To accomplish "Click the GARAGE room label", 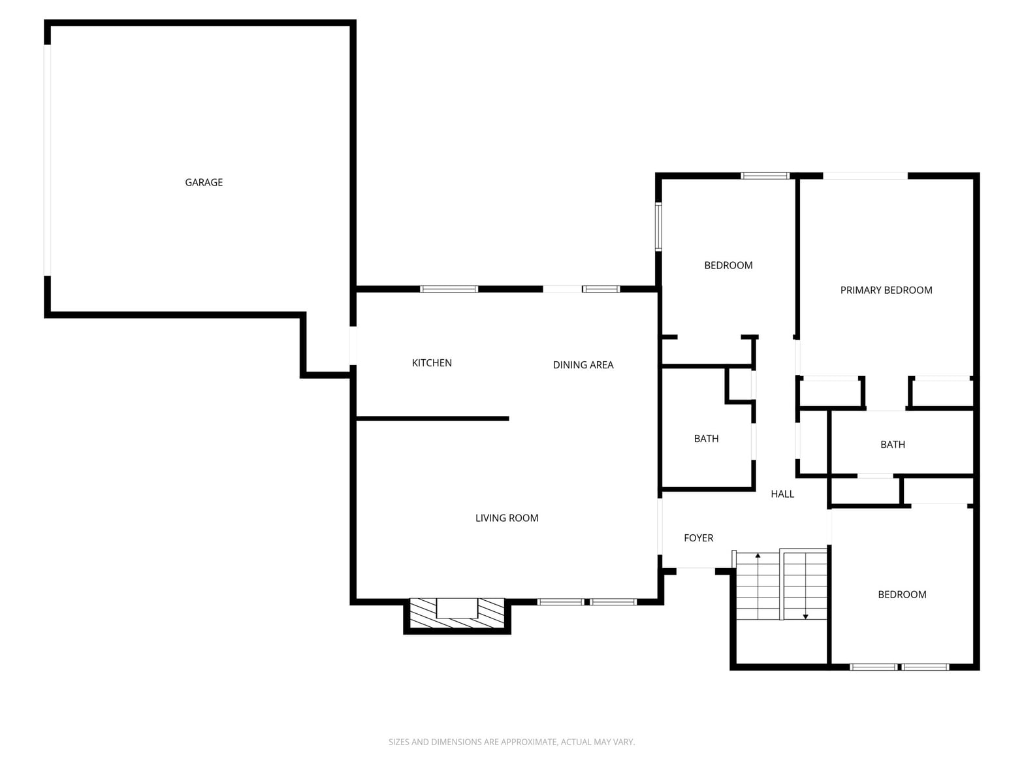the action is [204, 182].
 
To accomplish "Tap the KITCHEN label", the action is [432, 363].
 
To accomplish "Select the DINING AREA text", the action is [583, 364].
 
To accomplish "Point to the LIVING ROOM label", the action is [507, 518].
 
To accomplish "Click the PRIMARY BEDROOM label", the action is [886, 290].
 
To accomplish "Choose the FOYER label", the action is [698, 537].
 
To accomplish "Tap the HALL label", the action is [782, 494].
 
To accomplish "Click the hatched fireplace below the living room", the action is [456, 613].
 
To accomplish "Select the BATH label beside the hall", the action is [706, 438].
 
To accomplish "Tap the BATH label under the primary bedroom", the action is [893, 444].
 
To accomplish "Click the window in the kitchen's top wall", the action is [449, 289].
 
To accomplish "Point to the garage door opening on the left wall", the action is [47, 161].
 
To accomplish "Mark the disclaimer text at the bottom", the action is [511, 742].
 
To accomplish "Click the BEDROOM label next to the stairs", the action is [902, 594].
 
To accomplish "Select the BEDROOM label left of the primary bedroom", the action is [728, 265].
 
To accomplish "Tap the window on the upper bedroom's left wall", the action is [658, 227].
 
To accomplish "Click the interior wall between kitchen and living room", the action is [432, 419].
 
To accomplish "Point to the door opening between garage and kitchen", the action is [353, 345].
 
